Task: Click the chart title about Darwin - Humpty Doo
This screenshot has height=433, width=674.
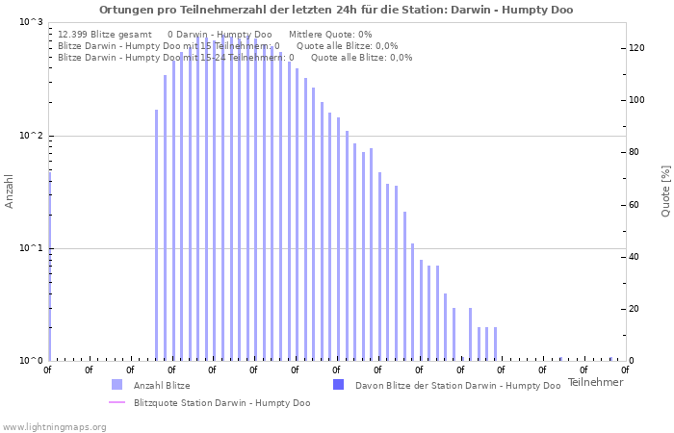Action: click(336, 10)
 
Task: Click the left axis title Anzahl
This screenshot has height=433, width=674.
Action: click(10, 191)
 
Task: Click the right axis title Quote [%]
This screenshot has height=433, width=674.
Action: click(664, 191)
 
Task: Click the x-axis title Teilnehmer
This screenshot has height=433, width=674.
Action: click(595, 382)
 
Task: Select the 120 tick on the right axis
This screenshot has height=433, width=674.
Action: click(636, 48)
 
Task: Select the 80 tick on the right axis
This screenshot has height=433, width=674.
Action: click(634, 152)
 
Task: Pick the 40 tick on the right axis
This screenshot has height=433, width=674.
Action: click(634, 257)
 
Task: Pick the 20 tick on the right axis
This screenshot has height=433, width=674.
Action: click(634, 309)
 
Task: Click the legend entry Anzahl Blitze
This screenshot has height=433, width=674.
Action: click(162, 386)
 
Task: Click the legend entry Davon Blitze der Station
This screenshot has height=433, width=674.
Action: click(457, 386)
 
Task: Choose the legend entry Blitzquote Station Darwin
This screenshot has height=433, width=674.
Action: click(221, 403)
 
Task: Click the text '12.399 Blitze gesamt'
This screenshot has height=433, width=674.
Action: click(105, 35)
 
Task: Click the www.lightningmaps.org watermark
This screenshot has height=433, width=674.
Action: click(54, 427)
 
